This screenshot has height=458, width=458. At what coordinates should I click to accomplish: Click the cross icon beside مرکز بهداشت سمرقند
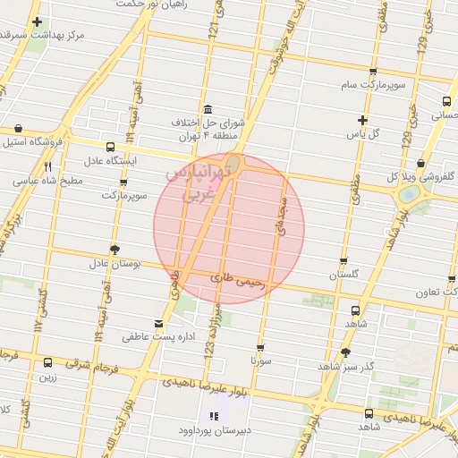36,21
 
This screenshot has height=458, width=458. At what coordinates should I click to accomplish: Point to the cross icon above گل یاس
362,120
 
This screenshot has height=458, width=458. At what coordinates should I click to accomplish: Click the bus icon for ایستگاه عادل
110,147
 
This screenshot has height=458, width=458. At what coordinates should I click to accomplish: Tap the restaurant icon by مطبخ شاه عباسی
48,166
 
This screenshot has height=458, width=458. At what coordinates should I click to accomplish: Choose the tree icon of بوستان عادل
114,249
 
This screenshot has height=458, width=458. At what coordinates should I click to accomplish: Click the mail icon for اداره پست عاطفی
159,322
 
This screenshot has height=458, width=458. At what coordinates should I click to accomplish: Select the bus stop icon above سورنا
260,347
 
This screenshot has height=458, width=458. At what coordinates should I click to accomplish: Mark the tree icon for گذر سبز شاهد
346,352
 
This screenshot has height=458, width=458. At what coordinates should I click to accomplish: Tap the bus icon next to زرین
47,362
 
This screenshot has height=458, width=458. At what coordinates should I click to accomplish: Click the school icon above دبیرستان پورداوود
213,415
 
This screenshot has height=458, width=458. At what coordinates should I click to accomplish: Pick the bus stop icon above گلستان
343,260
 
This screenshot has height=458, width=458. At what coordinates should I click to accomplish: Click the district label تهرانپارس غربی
191,183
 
